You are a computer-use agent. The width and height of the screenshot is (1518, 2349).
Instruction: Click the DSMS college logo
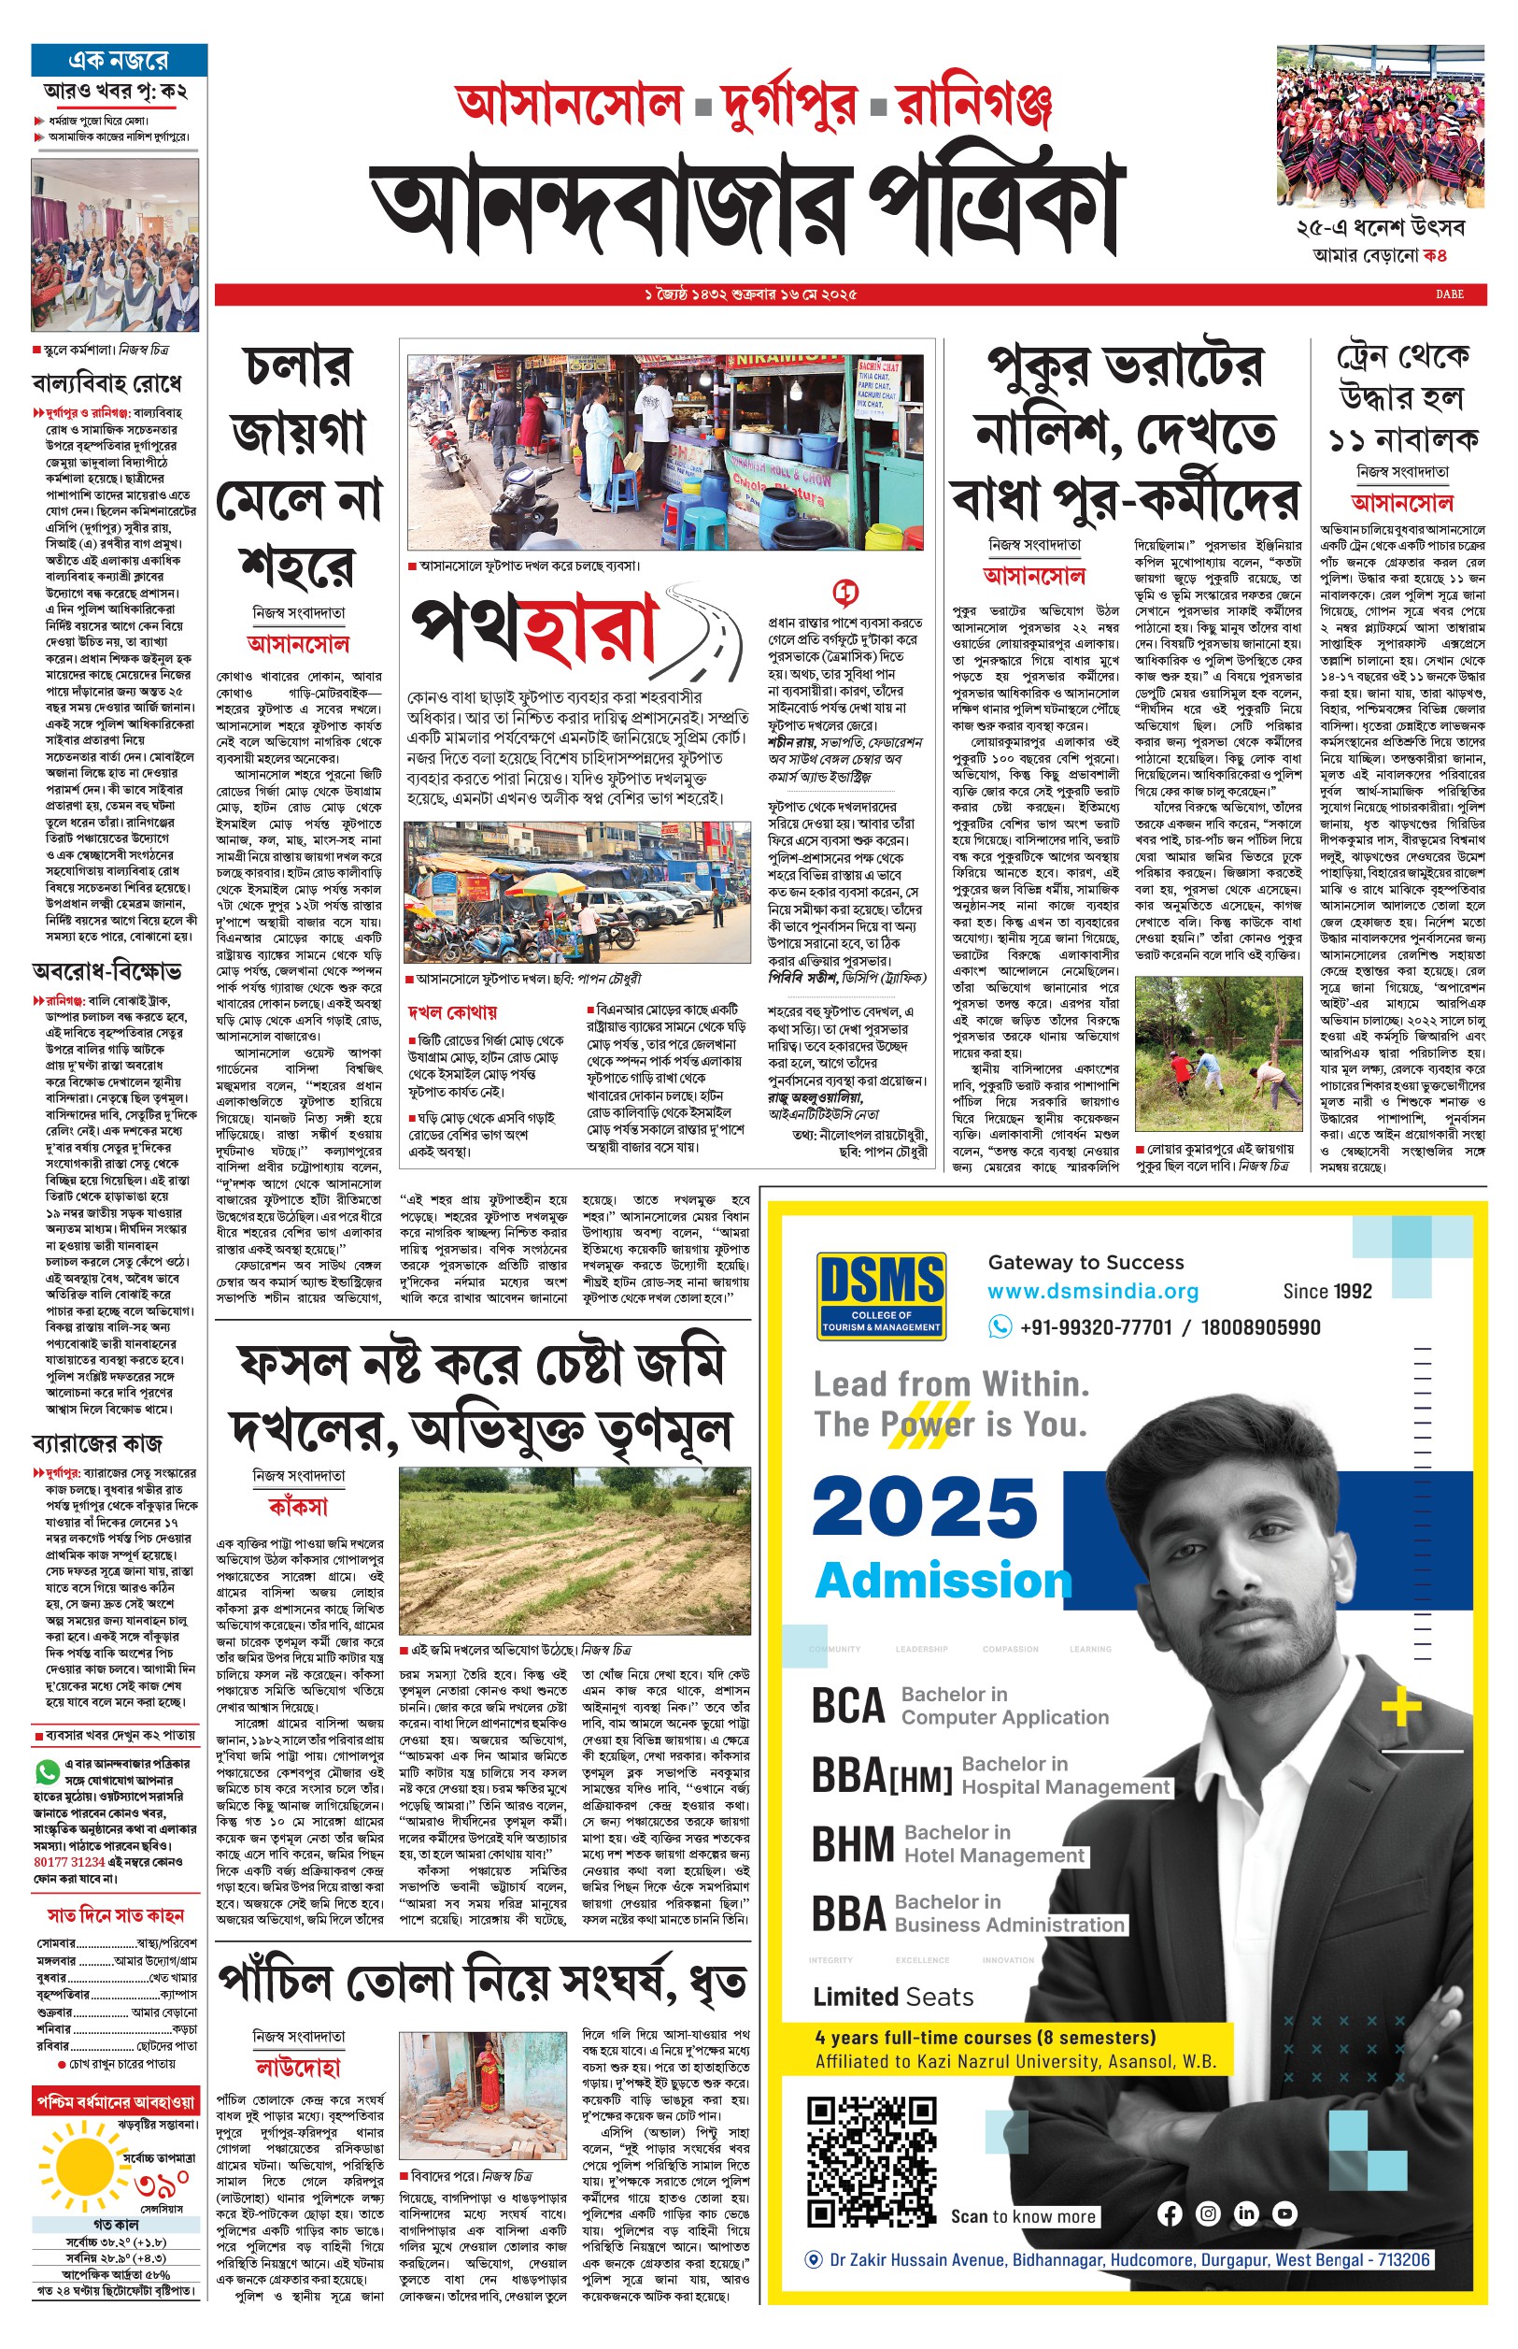pyautogui.click(x=881, y=1294)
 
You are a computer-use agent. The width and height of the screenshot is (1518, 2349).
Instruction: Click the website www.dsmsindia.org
pyautogui.click(x=1092, y=1292)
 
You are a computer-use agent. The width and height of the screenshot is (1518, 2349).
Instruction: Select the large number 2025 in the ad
pyautogui.click(x=925, y=1508)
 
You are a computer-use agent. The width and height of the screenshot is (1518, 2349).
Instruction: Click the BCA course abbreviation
pyautogui.click(x=847, y=1706)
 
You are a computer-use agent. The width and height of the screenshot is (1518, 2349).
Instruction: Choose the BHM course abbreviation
pyautogui.click(x=853, y=1844)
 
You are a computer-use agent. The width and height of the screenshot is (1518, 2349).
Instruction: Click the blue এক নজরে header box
pyautogui.click(x=120, y=59)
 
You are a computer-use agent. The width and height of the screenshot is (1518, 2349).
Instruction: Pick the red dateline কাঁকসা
pyautogui.click(x=298, y=1507)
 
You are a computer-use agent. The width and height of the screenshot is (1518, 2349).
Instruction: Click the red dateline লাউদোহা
pyautogui.click(x=298, y=2067)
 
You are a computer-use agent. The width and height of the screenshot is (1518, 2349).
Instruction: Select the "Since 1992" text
pyautogui.click(x=1326, y=1292)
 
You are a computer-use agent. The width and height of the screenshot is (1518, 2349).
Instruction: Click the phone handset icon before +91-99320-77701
pyautogui.click(x=1000, y=1327)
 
